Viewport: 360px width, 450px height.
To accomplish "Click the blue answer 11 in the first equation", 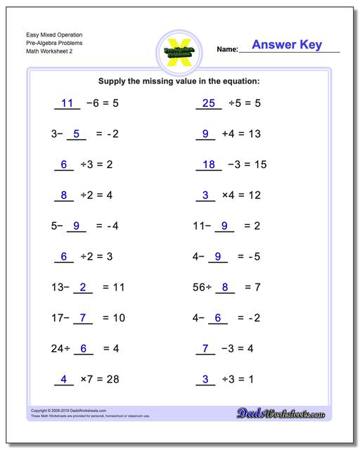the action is tap(67, 103).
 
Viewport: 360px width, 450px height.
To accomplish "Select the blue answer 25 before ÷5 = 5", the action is tap(207, 103).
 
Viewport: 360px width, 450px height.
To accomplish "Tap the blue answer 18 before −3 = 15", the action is tap(207, 165).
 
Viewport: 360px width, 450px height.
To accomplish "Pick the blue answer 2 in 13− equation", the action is tap(83, 287).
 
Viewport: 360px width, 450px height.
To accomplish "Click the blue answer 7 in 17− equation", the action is tap(83, 318).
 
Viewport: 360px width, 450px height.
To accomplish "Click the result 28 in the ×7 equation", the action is tap(112, 379).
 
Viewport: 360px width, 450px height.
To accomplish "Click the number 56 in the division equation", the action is tap(200, 287).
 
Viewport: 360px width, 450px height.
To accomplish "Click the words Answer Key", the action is tap(287, 45).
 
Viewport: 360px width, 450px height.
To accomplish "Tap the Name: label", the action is tap(227, 50).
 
